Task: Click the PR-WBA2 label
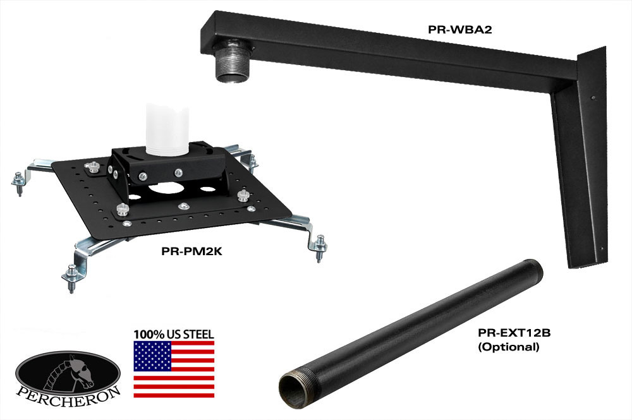(x=460, y=30)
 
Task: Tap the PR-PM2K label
(x=192, y=251)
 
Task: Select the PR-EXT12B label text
(x=514, y=333)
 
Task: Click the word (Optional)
(x=508, y=347)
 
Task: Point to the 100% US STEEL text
(x=174, y=334)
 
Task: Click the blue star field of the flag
(x=153, y=356)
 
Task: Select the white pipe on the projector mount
(x=167, y=129)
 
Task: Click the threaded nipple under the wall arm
(x=233, y=64)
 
